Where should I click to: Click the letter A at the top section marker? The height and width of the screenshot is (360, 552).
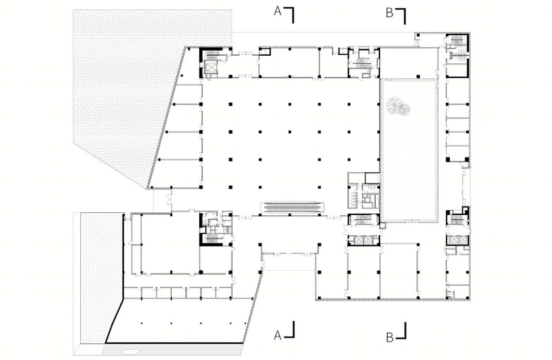[278, 12]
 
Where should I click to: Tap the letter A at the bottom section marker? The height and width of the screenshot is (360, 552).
[278, 335]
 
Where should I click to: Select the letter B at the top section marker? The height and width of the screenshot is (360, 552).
[389, 13]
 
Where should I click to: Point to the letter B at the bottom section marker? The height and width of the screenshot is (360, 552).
[389, 337]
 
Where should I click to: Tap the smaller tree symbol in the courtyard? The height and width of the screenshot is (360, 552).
[405, 109]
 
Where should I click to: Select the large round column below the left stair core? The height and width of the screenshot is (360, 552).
[201, 272]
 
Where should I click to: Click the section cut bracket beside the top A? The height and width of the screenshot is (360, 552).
[290, 15]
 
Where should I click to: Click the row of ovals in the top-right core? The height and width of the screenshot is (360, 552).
[458, 54]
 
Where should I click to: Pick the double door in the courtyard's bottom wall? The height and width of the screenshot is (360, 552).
[410, 221]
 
